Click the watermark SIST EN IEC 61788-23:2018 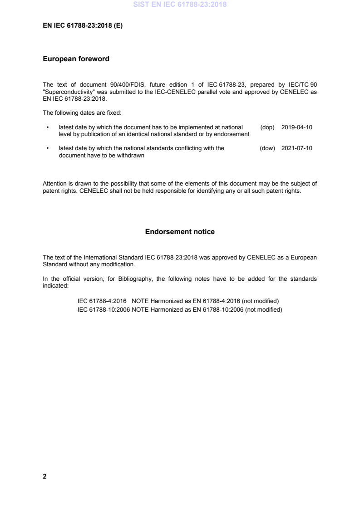(180, 5)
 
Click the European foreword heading (76, 59)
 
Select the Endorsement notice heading (180, 232)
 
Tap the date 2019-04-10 (297, 127)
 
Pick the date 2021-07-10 (297, 148)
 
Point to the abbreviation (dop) (268, 127)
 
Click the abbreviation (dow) (268, 148)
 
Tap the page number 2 (44, 476)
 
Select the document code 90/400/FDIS (111, 85)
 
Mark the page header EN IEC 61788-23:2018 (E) (83, 26)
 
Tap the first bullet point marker (48, 127)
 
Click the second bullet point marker (48, 148)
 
